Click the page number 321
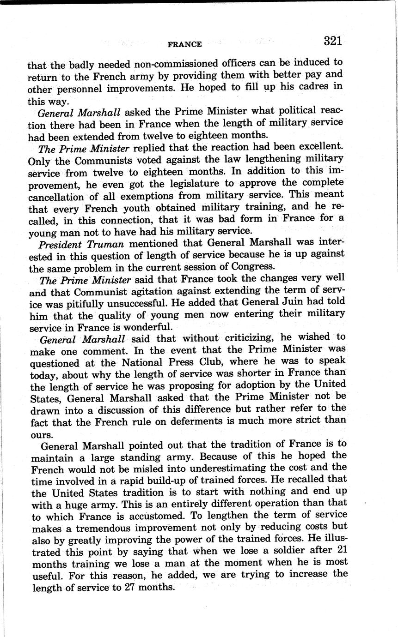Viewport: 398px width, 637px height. (x=333, y=41)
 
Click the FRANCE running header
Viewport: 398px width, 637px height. (x=184, y=44)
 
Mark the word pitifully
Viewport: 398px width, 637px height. (x=98, y=303)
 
